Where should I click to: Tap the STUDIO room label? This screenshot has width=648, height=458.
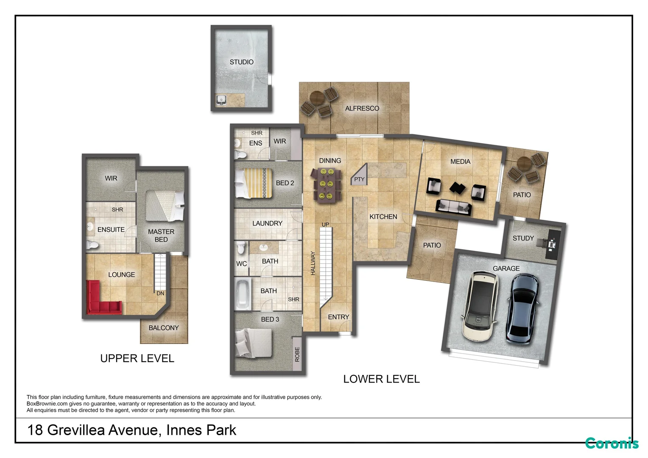click(242, 62)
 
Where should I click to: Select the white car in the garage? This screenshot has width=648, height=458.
click(479, 306)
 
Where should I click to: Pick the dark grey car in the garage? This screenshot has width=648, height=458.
click(522, 309)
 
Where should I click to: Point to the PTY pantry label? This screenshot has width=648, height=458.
click(359, 179)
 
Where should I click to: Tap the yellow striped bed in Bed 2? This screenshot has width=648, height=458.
click(254, 183)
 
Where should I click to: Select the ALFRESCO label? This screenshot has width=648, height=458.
click(362, 109)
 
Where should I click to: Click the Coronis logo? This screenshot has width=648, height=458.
click(612, 444)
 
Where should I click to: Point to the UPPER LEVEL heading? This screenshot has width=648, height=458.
click(137, 358)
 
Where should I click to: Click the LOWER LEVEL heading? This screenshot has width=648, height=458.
click(381, 379)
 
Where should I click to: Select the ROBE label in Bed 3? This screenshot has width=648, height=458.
click(297, 354)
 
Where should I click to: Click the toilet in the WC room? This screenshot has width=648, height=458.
click(241, 248)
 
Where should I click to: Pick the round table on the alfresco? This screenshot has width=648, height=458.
click(317, 99)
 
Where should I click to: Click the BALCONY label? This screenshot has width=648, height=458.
click(163, 328)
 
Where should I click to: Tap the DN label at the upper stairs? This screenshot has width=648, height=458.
click(160, 293)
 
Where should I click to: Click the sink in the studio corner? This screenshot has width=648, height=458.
click(221, 100)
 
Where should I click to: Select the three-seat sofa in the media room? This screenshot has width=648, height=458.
click(454, 207)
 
